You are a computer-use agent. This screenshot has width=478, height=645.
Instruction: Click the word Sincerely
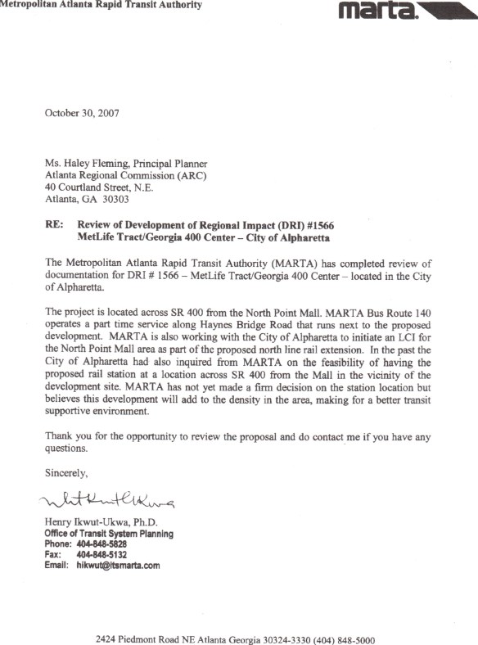(x=66, y=472)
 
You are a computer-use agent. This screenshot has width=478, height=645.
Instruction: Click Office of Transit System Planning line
(x=109, y=534)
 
